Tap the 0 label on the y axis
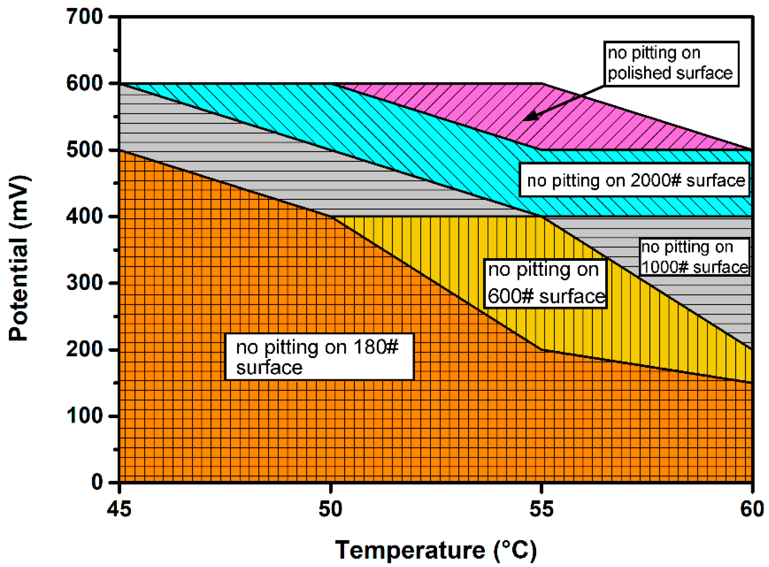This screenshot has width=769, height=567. click(x=97, y=482)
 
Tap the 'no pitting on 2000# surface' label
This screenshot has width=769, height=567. click(x=635, y=180)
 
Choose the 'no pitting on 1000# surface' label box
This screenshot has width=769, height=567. click(x=694, y=257)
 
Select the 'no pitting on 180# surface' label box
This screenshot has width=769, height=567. click(x=319, y=357)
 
